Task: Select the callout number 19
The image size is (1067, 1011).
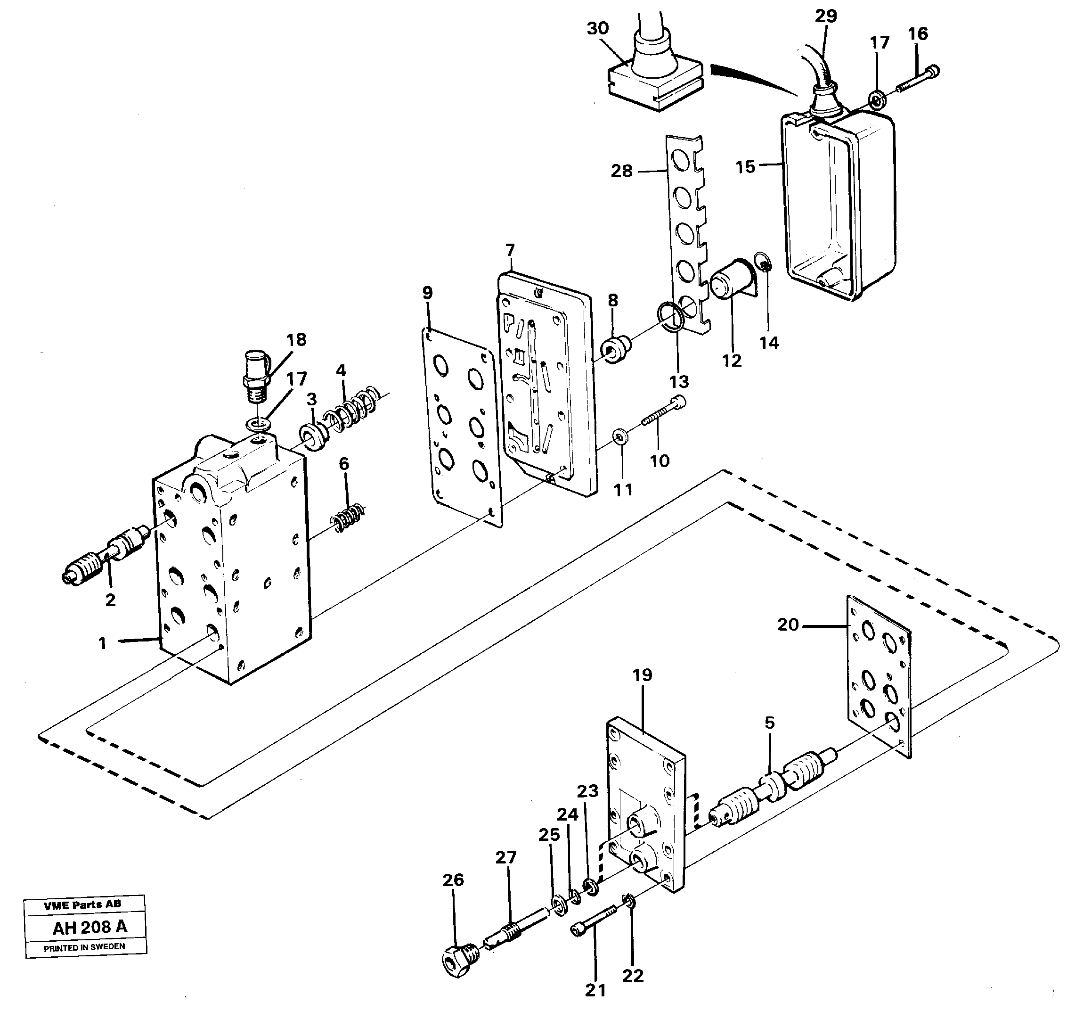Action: (x=642, y=675)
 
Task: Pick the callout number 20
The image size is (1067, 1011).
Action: (x=788, y=625)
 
